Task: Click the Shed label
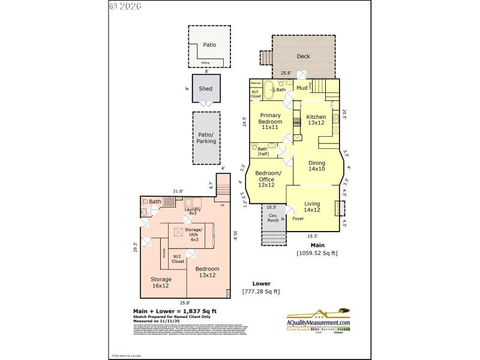click(x=206, y=89)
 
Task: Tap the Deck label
click(x=304, y=57)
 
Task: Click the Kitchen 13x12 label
click(x=316, y=120)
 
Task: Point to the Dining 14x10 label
click(x=317, y=166)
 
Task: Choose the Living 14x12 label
click(x=312, y=207)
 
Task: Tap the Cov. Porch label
click(x=272, y=218)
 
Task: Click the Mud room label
click(x=302, y=89)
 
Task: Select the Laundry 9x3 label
click(x=192, y=211)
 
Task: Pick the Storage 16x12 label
click(x=161, y=283)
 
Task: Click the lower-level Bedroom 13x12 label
click(x=207, y=272)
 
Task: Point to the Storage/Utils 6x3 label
click(x=193, y=234)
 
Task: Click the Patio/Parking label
click(x=206, y=139)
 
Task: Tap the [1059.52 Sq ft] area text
click(x=317, y=253)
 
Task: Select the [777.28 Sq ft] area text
click(x=261, y=292)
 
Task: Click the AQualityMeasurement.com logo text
click(x=318, y=323)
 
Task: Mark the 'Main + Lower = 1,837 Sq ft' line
click(x=175, y=311)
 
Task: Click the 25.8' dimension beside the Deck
click(x=286, y=73)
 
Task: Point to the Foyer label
click(x=298, y=219)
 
